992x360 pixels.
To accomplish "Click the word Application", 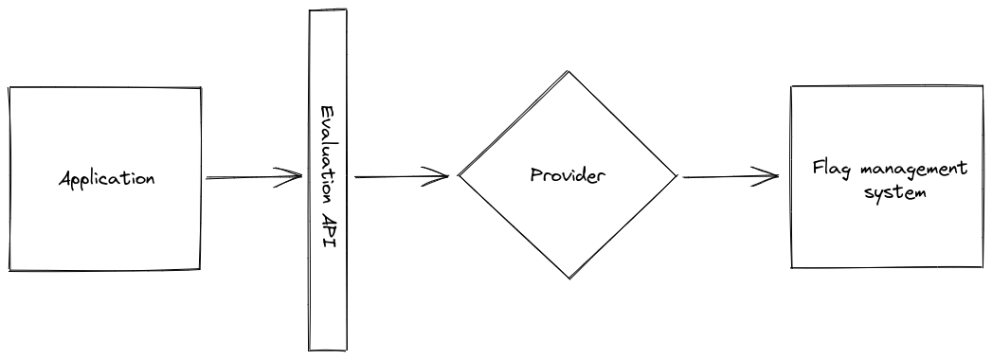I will [x=106, y=179].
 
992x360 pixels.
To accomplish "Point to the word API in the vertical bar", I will [x=327, y=229].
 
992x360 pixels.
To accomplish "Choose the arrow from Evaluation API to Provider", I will [x=398, y=176].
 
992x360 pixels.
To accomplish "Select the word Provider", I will [x=568, y=175].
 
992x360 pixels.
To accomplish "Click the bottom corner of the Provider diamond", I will [x=569, y=279].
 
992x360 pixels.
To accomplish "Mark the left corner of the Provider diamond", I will [x=460, y=175].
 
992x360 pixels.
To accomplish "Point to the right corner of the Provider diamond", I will [x=677, y=175].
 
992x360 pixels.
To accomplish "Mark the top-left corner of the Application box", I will [x=9, y=88].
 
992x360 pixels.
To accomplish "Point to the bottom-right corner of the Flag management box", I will [x=979, y=267].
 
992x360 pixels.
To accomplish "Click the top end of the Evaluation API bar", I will [x=328, y=11].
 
